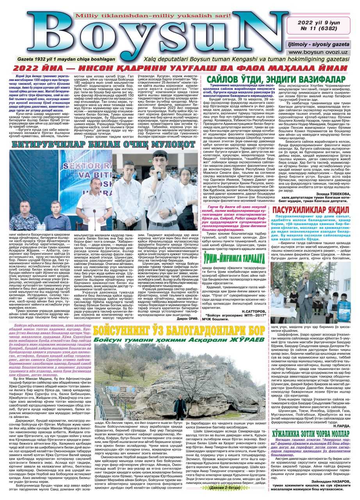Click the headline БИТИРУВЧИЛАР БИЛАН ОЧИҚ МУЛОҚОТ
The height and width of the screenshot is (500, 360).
click(103, 144)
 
